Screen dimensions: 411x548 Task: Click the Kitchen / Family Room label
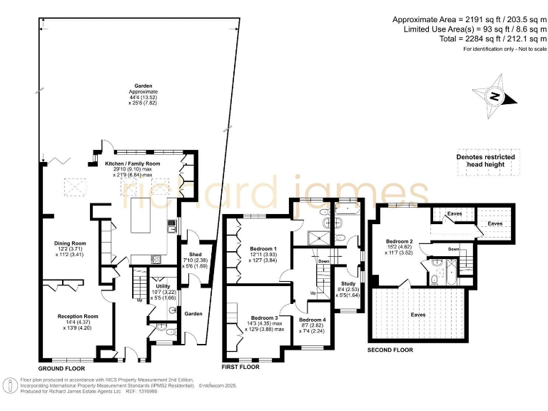pyautogui.click(x=133, y=163)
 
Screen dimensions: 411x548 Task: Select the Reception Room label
pyautogui.click(x=78, y=316)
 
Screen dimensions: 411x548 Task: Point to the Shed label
pyautogui.click(x=195, y=254)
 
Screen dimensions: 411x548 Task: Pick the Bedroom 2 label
pyautogui.click(x=400, y=240)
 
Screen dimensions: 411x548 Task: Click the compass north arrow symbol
pyautogui.click(x=492, y=97)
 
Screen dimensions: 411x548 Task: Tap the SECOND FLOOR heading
pyautogui.click(x=390, y=350)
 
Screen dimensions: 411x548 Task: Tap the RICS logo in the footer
pyautogui.click(x=10, y=386)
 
